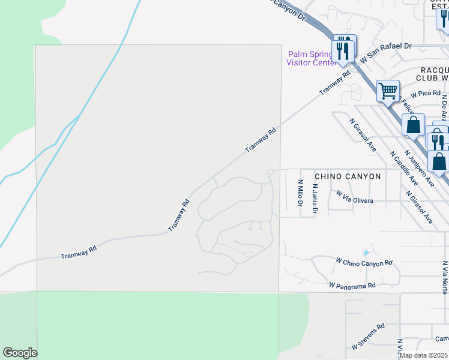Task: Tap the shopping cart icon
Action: pyautogui.click(x=388, y=91)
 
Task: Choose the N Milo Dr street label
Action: pyautogui.click(x=300, y=193)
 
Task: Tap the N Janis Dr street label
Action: pyautogui.click(x=315, y=198)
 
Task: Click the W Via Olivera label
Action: pyautogui.click(x=355, y=197)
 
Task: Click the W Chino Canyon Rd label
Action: pyautogui.click(x=364, y=262)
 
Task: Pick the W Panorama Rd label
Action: pyautogui.click(x=352, y=286)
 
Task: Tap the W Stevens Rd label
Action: pyautogui.click(x=368, y=337)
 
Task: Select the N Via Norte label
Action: pyautogui.click(x=444, y=277)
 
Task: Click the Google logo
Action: pyautogui.click(x=20, y=353)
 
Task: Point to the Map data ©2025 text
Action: pyautogui.click(x=423, y=355)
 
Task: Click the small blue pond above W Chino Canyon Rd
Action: pyautogui.click(x=366, y=253)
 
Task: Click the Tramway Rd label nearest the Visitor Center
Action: pyautogui.click(x=334, y=83)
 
